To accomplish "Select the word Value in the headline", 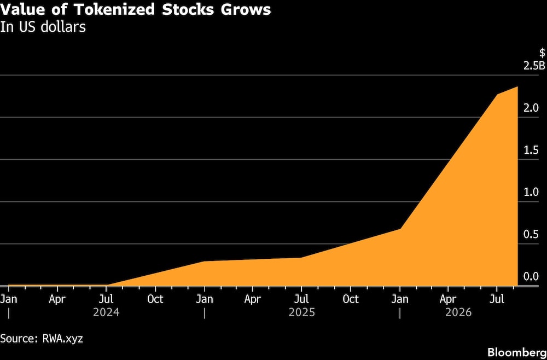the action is [22, 10].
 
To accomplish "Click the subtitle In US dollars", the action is [43, 27].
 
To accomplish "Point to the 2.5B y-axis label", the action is [534, 66].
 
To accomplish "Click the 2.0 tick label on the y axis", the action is [531, 108].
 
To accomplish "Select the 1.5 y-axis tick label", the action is [531, 150].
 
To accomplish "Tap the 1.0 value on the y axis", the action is [531, 193].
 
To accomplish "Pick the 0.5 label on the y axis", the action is [531, 235].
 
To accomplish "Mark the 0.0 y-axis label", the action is [531, 277].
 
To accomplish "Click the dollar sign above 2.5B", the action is [542, 53].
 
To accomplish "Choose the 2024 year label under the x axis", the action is [107, 312].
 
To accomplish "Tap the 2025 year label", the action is [302, 312].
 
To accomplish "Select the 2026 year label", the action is [458, 312].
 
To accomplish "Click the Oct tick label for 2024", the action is [155, 299].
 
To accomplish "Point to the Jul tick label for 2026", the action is [497, 299].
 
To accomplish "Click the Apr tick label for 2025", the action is [253, 299].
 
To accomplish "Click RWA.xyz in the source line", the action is [62, 338].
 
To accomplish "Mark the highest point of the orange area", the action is [517, 86].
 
